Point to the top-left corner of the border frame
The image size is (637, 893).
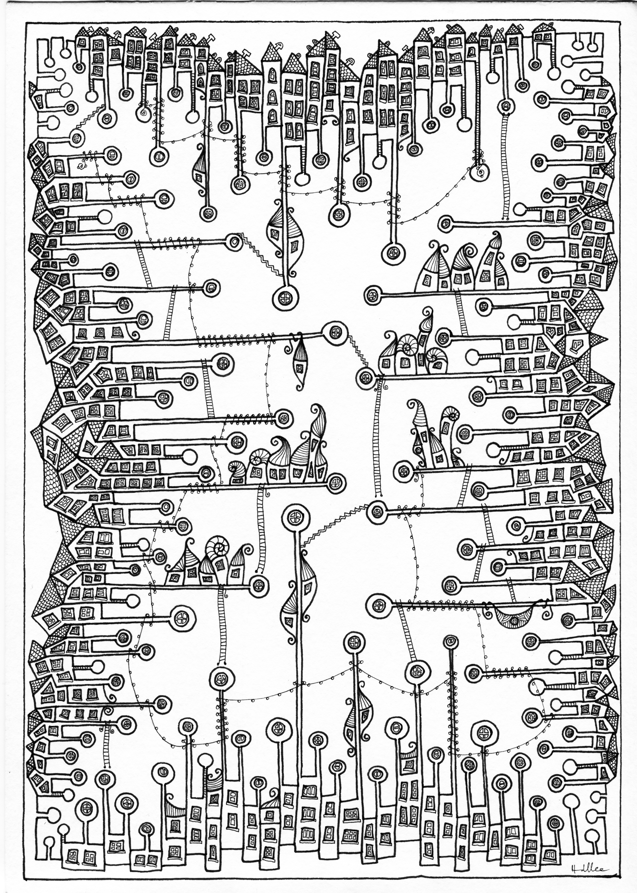[27, 22]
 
